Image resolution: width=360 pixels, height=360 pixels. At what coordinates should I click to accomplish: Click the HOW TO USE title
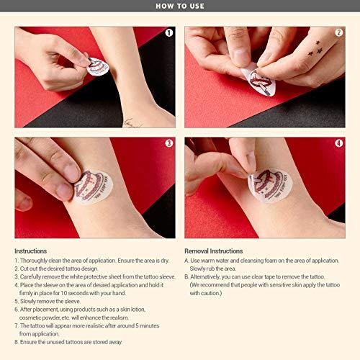click(179, 6)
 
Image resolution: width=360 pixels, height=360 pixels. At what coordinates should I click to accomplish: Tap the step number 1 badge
click(168, 32)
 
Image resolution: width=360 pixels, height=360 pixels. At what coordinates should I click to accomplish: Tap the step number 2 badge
click(339, 32)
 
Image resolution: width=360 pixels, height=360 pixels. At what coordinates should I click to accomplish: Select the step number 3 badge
click(168, 143)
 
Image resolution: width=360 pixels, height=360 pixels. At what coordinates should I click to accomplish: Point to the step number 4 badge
click(339, 143)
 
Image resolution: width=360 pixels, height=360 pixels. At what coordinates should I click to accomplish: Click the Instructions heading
click(30, 251)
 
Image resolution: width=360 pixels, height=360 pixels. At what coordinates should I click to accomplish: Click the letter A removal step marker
click(187, 261)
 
